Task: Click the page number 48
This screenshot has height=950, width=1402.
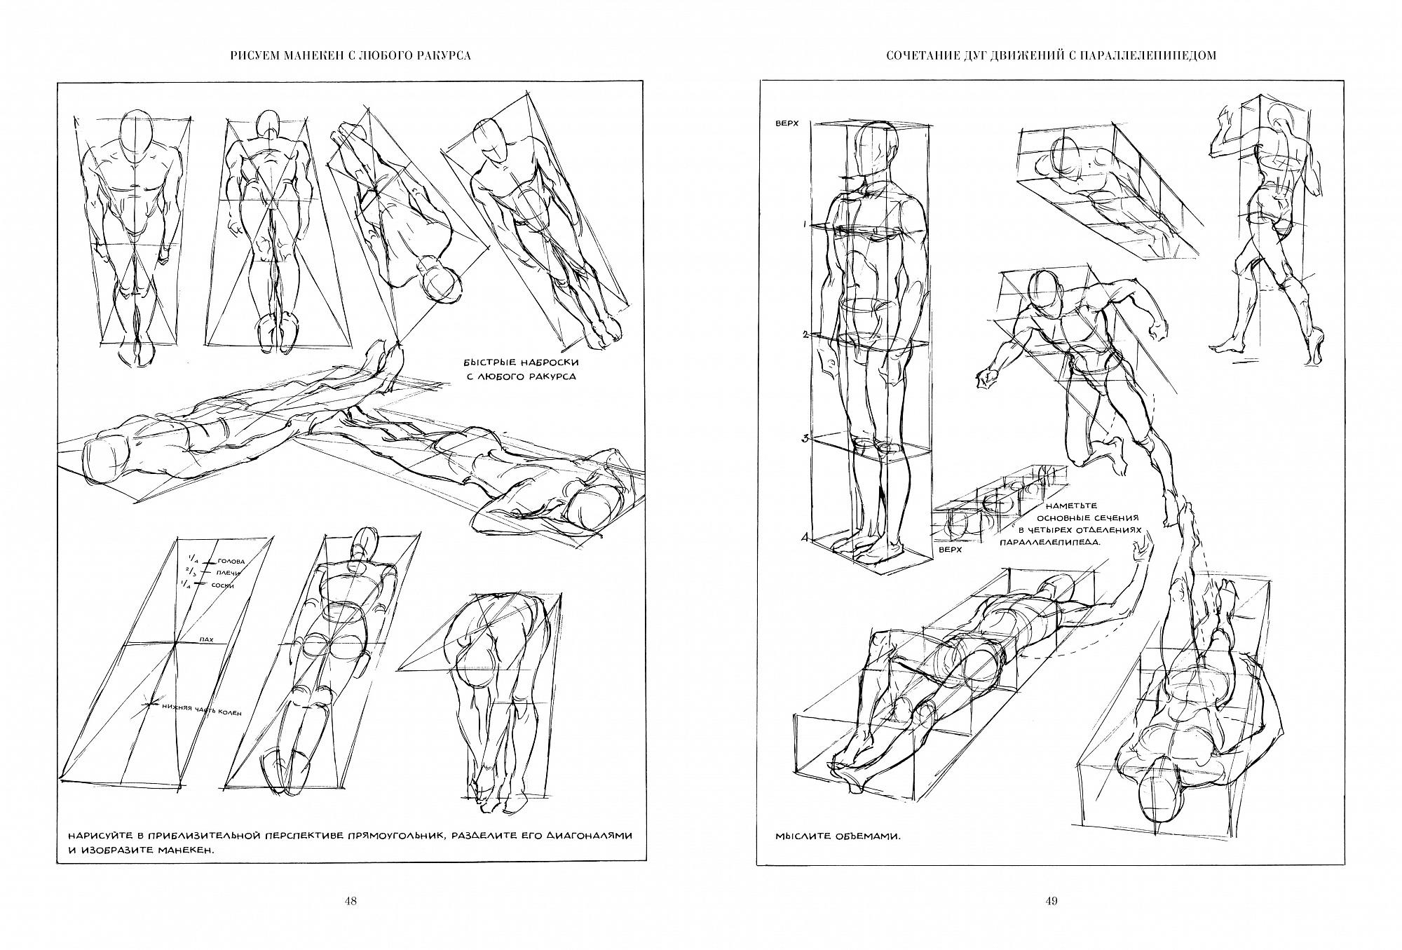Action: tap(351, 901)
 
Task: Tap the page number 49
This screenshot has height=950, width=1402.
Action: tap(1051, 901)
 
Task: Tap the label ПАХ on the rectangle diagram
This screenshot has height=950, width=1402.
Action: tap(207, 640)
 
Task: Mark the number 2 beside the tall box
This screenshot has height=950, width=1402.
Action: tap(807, 335)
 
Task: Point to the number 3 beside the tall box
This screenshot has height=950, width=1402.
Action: tap(806, 439)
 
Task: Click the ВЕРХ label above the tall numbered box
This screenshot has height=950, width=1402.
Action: tap(789, 123)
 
